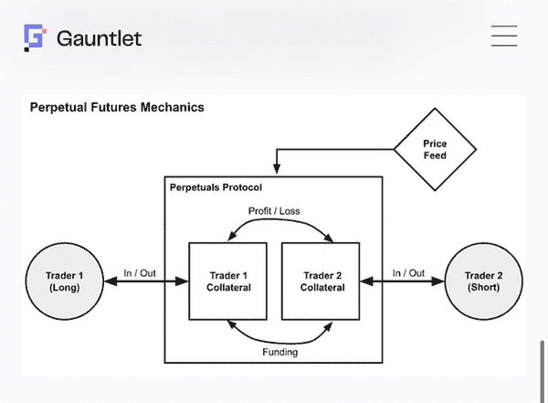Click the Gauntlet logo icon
pyautogui.click(x=35, y=37)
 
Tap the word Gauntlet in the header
pyautogui.click(x=99, y=38)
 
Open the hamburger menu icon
pyautogui.click(x=504, y=37)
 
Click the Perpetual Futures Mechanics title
pyautogui.click(x=117, y=107)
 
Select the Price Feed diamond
pyautogui.click(x=435, y=151)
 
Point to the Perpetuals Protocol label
pyautogui.click(x=216, y=187)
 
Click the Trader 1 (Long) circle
pyautogui.click(x=65, y=281)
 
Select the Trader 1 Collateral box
pyautogui.click(x=227, y=281)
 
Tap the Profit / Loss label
pyautogui.click(x=275, y=211)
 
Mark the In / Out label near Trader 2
pyautogui.click(x=409, y=272)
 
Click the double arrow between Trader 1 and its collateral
pyautogui.click(x=146, y=281)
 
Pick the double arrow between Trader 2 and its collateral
pyautogui.click(x=404, y=281)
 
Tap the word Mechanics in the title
pyautogui.click(x=171, y=107)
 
